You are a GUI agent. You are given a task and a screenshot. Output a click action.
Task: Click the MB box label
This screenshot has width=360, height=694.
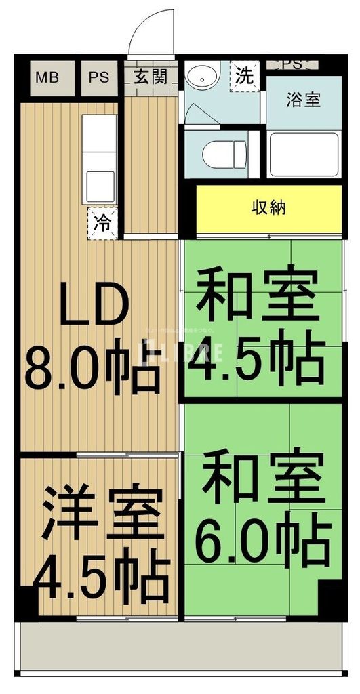click(x=46, y=77)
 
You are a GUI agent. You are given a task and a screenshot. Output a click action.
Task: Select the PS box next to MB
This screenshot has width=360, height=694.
click(x=99, y=77)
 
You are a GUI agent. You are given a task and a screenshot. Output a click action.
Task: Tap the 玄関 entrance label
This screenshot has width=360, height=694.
click(x=150, y=77)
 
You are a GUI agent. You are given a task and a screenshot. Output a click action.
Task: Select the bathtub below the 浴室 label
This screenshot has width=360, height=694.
click(x=304, y=154)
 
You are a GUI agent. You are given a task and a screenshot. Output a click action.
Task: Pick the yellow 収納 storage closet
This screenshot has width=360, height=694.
click(x=269, y=207)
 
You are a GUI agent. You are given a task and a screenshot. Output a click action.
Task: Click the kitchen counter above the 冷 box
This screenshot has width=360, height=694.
click(x=99, y=159)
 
